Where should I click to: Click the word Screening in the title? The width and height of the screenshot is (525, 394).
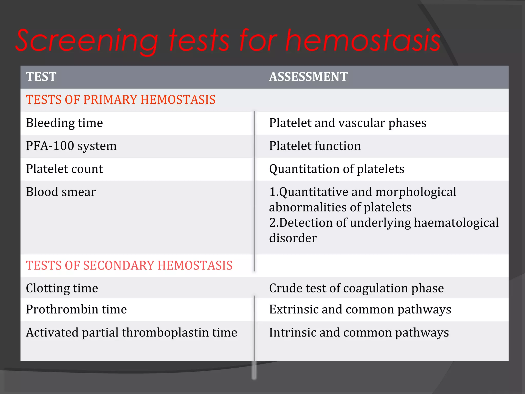[x=87, y=41]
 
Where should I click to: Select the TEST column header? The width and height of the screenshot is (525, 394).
[x=41, y=77]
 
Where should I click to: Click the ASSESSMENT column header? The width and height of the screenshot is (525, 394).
[x=308, y=77]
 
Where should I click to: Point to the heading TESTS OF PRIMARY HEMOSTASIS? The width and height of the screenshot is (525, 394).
[x=120, y=100]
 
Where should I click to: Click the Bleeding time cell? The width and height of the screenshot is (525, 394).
[x=64, y=123]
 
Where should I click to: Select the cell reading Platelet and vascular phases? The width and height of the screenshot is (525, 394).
[x=348, y=123]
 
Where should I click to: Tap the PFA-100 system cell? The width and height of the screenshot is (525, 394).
[x=71, y=146]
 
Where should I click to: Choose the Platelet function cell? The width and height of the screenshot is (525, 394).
[x=315, y=146]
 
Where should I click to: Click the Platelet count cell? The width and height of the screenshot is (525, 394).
[x=64, y=169]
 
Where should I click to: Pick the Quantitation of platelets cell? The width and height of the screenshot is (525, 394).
[x=337, y=169]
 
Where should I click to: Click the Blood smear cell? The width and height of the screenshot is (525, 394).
[x=61, y=192]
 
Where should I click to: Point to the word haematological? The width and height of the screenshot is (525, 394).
[x=456, y=223]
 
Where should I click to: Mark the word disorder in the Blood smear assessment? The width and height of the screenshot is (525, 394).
[x=293, y=238]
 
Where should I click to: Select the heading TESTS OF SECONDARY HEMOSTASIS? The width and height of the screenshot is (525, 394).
[x=129, y=265]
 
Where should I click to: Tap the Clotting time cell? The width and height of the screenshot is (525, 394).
[x=62, y=288]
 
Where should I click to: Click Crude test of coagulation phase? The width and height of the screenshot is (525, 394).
[x=356, y=288]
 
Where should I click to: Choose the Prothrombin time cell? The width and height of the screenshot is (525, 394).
[x=76, y=309]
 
